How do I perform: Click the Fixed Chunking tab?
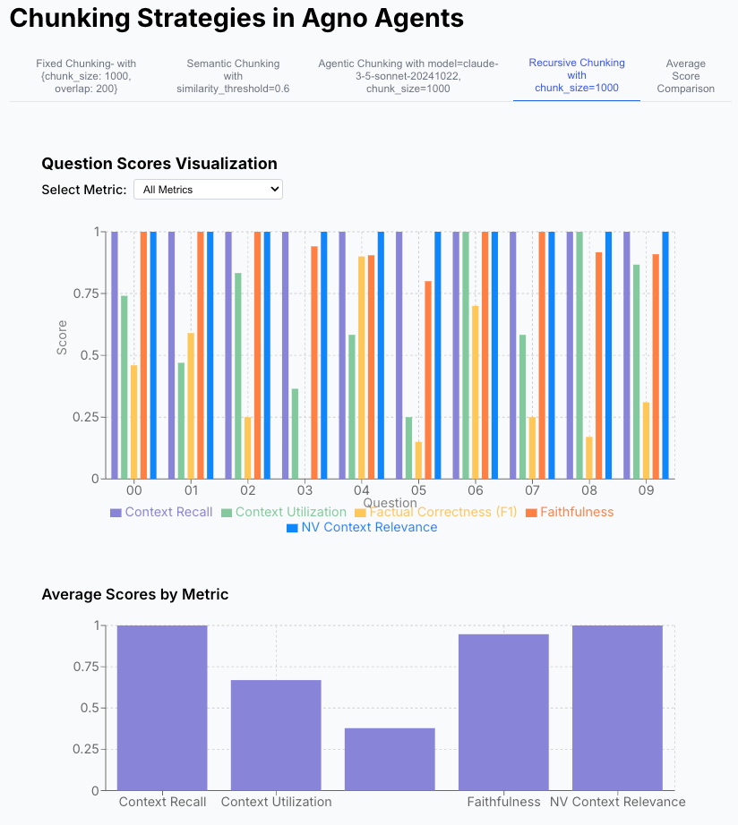pyautogui.click(x=86, y=76)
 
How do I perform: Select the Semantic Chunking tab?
pyautogui.click(x=233, y=76)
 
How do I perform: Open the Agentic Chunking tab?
pyautogui.click(x=408, y=76)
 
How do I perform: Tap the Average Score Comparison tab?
pyautogui.click(x=686, y=76)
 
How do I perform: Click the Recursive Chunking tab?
pyautogui.click(x=577, y=75)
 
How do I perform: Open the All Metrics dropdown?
pyautogui.click(x=208, y=190)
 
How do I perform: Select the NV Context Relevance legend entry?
pyautogui.click(x=362, y=528)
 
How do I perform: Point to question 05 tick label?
pyautogui.click(x=418, y=491)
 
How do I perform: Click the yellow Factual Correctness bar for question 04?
pyautogui.click(x=362, y=367)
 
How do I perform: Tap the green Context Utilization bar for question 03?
pyautogui.click(x=295, y=434)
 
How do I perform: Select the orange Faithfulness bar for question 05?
pyautogui.click(x=428, y=380)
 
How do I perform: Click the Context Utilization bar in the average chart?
pyautogui.click(x=276, y=735)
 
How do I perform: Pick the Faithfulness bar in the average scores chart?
pyautogui.click(x=503, y=712)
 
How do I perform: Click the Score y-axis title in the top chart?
pyautogui.click(x=63, y=344)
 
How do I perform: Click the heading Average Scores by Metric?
pyautogui.click(x=135, y=594)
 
